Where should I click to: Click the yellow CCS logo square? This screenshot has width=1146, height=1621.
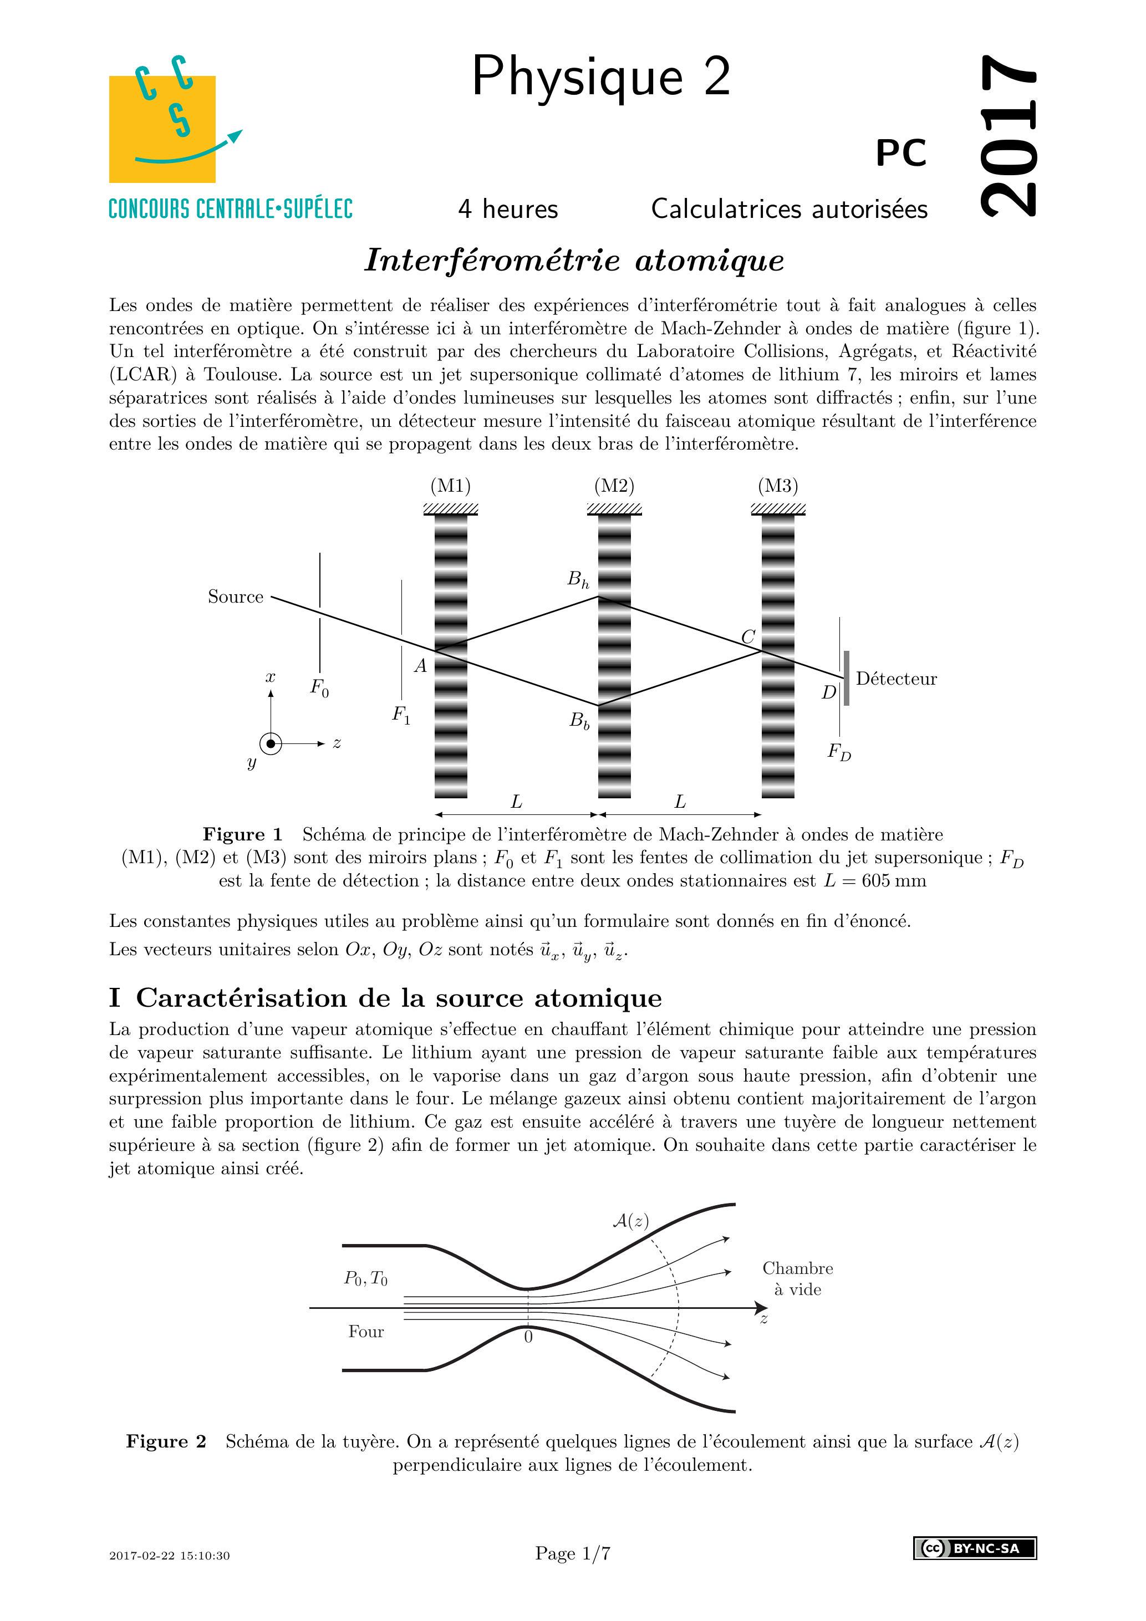point(162,129)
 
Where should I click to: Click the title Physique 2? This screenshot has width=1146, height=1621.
point(601,77)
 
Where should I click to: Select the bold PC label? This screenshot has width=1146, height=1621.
point(901,153)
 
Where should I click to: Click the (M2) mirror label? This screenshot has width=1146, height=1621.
point(614,486)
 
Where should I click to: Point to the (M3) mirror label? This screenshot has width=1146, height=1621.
point(777,486)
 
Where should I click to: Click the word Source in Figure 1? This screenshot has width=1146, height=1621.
point(235,597)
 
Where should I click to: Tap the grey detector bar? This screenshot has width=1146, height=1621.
point(846,679)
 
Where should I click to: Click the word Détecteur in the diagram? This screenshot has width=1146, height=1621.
point(896,679)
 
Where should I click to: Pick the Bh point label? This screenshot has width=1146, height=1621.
point(578,580)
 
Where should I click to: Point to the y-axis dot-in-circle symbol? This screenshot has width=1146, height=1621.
point(271,743)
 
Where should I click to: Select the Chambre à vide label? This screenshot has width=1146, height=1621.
point(797,1278)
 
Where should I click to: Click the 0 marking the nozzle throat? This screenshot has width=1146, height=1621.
point(528,1337)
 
